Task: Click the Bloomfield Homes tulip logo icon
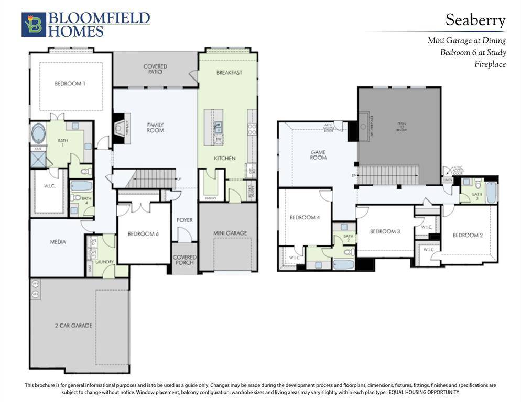click(34, 25)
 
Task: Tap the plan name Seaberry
click(475, 20)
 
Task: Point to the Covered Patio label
click(155, 69)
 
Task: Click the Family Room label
click(155, 128)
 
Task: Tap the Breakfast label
click(229, 73)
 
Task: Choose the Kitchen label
click(224, 158)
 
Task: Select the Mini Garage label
click(230, 233)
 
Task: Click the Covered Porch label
click(184, 260)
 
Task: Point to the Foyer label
click(184, 220)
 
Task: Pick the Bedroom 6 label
click(143, 234)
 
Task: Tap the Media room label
click(58, 242)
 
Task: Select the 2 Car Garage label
click(73, 326)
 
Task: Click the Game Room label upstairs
click(318, 155)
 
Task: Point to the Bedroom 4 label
click(305, 217)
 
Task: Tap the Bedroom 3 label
click(385, 231)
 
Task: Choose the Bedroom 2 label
click(468, 235)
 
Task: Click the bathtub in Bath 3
click(491, 192)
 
